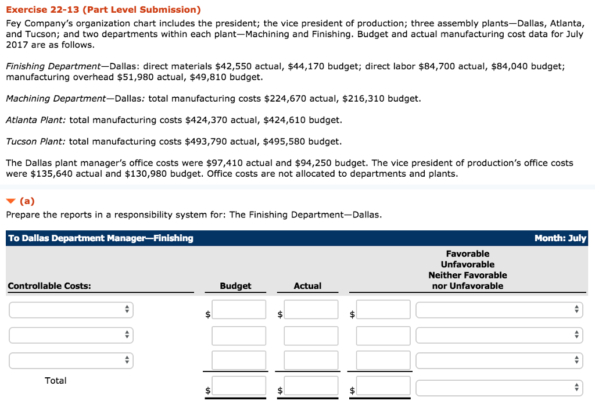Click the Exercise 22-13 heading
[x=103, y=10]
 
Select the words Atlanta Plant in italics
[x=36, y=120]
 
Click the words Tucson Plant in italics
[x=35, y=142]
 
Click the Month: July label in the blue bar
[x=560, y=238]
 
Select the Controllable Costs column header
[x=49, y=286]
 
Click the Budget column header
[x=235, y=286]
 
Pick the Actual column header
[x=307, y=286]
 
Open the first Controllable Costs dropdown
[x=71, y=310]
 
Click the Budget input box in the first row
[x=239, y=310]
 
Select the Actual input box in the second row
[x=311, y=335]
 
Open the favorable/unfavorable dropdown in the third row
[x=499, y=360]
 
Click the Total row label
[x=56, y=381]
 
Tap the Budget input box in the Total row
[x=239, y=386]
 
